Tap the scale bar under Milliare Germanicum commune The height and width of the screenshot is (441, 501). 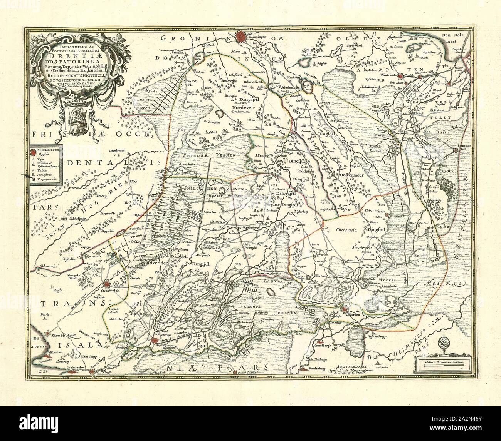(x=443, y=367)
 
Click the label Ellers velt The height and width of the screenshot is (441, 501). (x=347, y=230)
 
